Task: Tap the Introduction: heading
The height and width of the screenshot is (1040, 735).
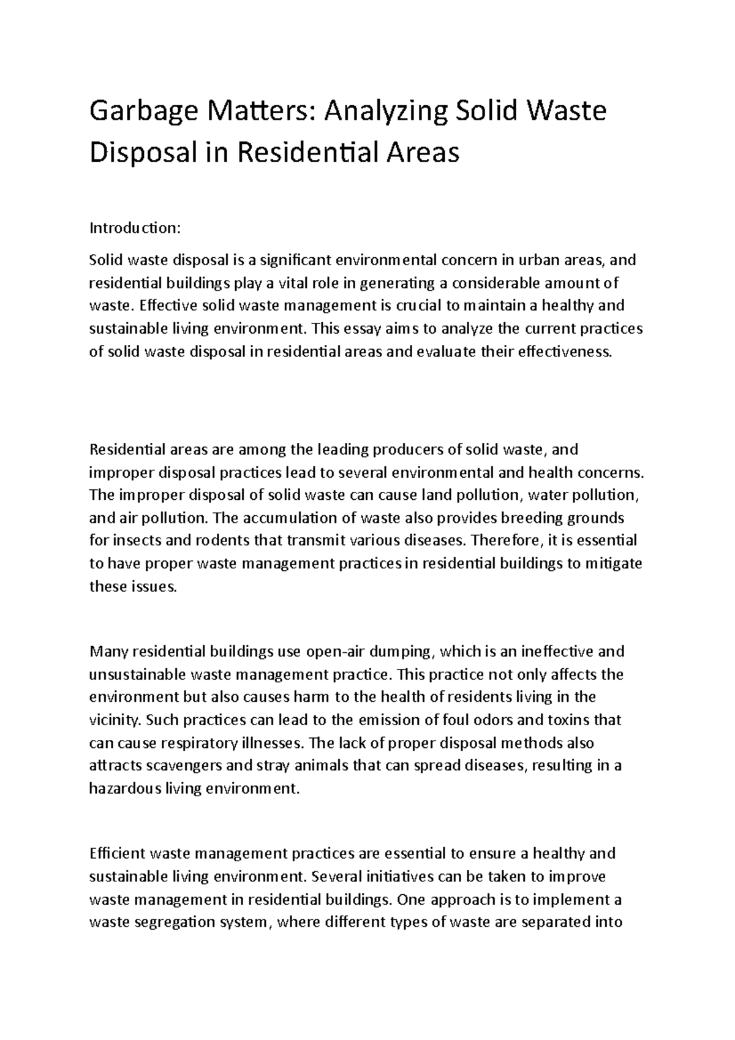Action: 135,228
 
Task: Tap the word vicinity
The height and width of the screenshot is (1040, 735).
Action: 115,720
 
